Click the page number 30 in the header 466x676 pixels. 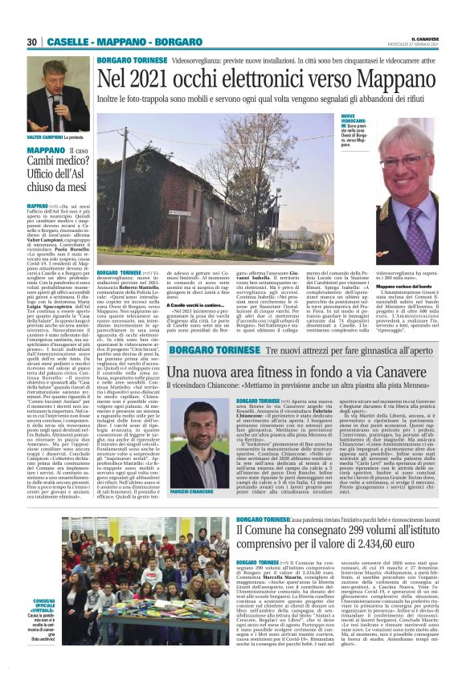32,42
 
